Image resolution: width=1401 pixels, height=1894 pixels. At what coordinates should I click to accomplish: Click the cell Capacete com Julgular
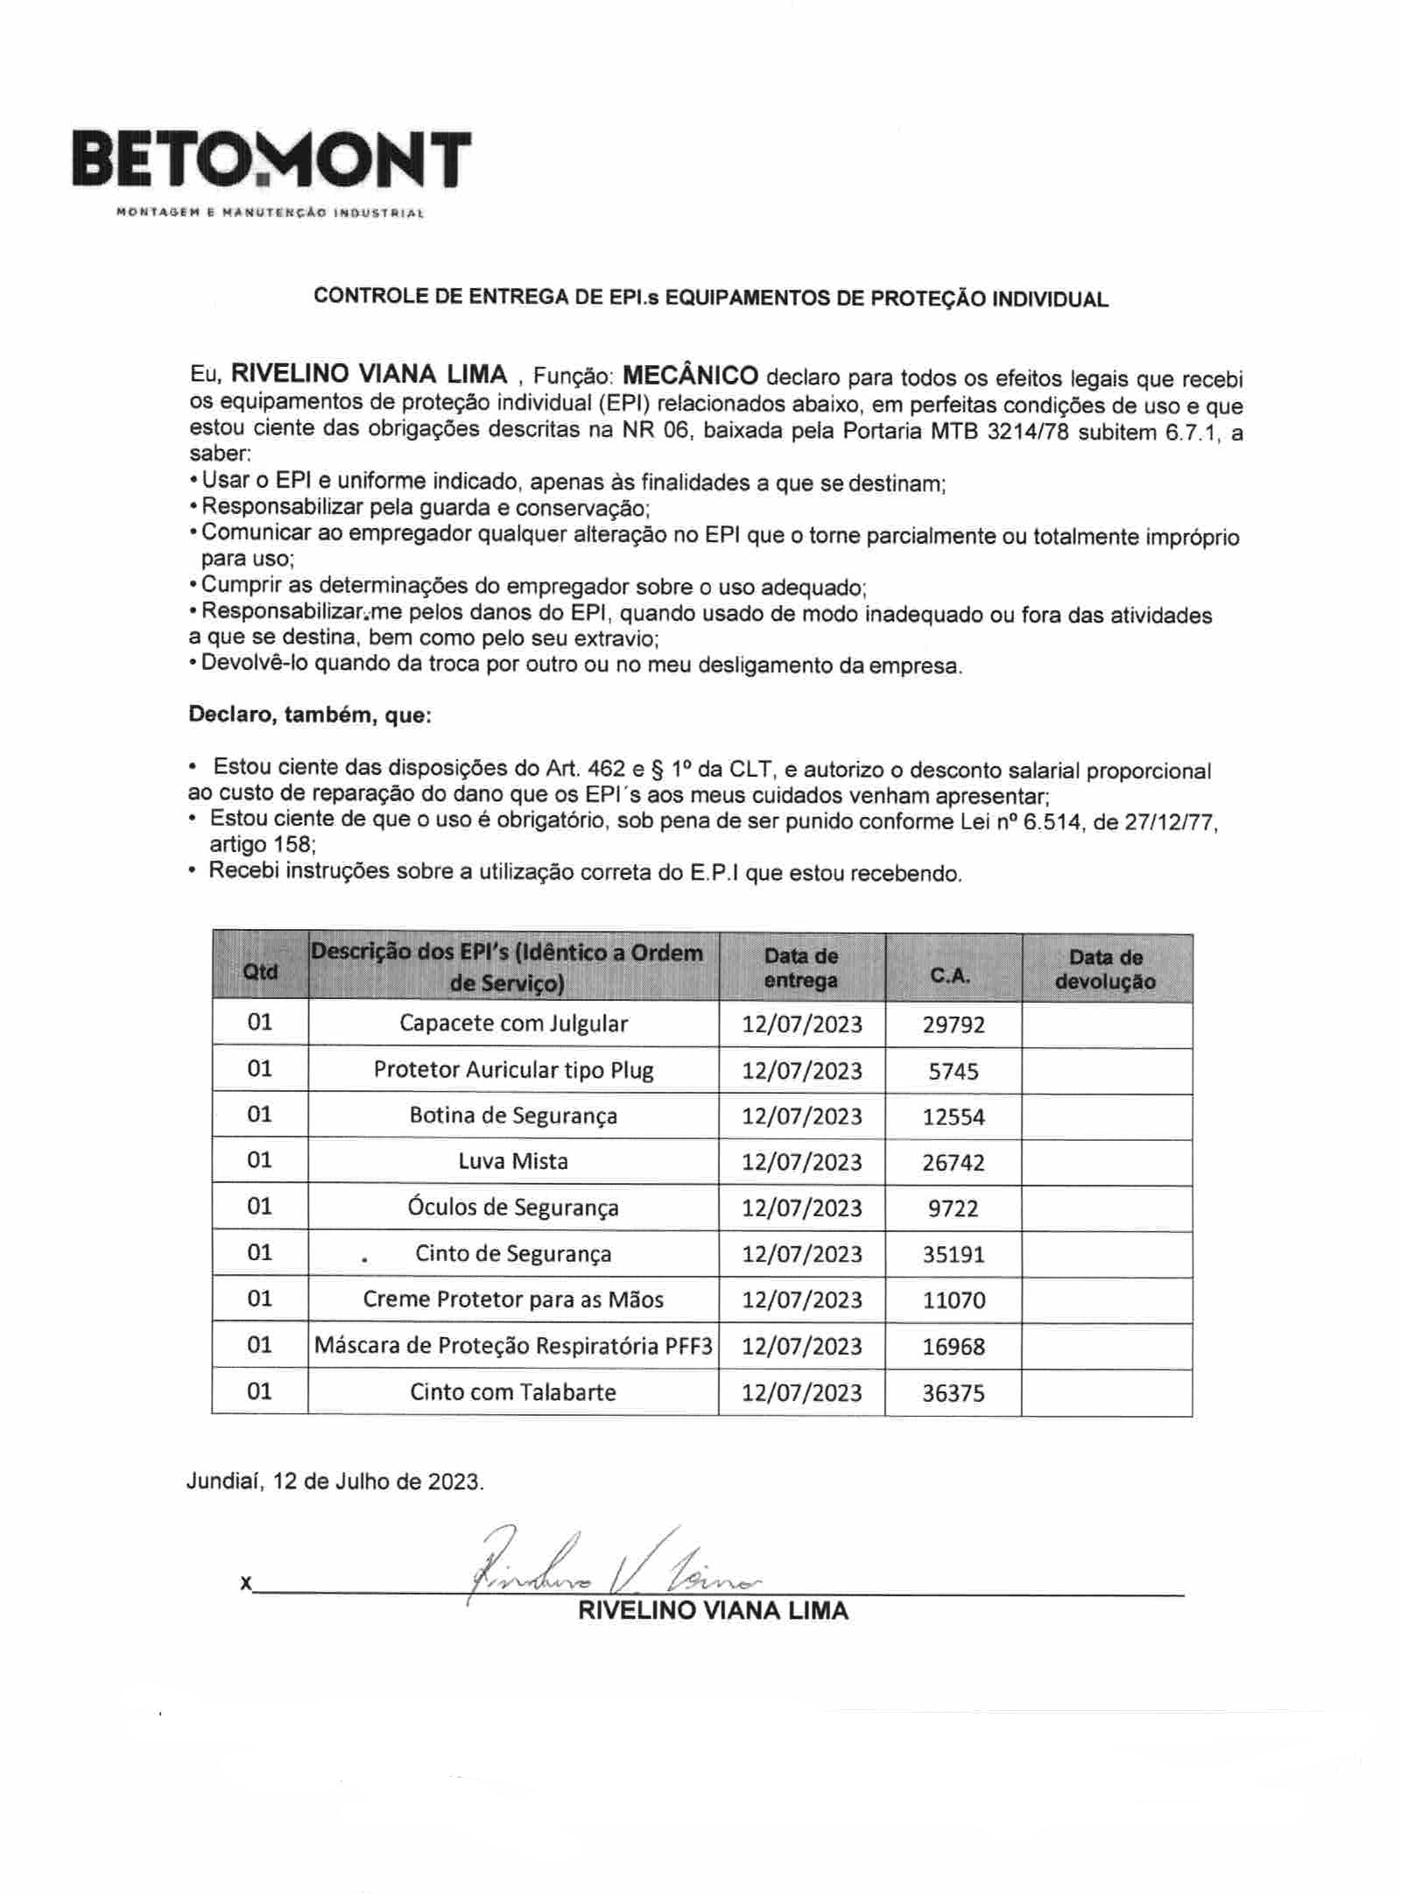coord(513,1023)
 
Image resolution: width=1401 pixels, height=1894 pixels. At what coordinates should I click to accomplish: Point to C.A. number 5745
coord(954,1070)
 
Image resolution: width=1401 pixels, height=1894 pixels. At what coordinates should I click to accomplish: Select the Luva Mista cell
coord(513,1161)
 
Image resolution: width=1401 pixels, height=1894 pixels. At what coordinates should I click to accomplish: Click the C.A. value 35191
coord(954,1254)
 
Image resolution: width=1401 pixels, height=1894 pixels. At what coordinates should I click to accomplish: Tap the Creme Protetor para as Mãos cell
coord(513,1299)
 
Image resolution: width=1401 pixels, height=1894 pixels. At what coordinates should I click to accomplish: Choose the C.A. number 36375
coord(954,1392)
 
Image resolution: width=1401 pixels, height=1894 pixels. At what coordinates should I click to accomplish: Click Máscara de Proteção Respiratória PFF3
coord(513,1346)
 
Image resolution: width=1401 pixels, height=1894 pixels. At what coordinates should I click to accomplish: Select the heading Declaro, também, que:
coord(310,715)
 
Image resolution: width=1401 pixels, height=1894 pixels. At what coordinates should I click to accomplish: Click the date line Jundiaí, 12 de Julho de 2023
coord(334,1481)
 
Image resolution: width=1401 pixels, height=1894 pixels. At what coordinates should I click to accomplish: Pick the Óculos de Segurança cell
coord(513,1208)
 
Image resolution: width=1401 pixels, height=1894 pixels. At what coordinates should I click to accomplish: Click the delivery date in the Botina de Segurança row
coord(802,1116)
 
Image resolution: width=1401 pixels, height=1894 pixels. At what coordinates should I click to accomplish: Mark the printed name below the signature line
coord(713,1610)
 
